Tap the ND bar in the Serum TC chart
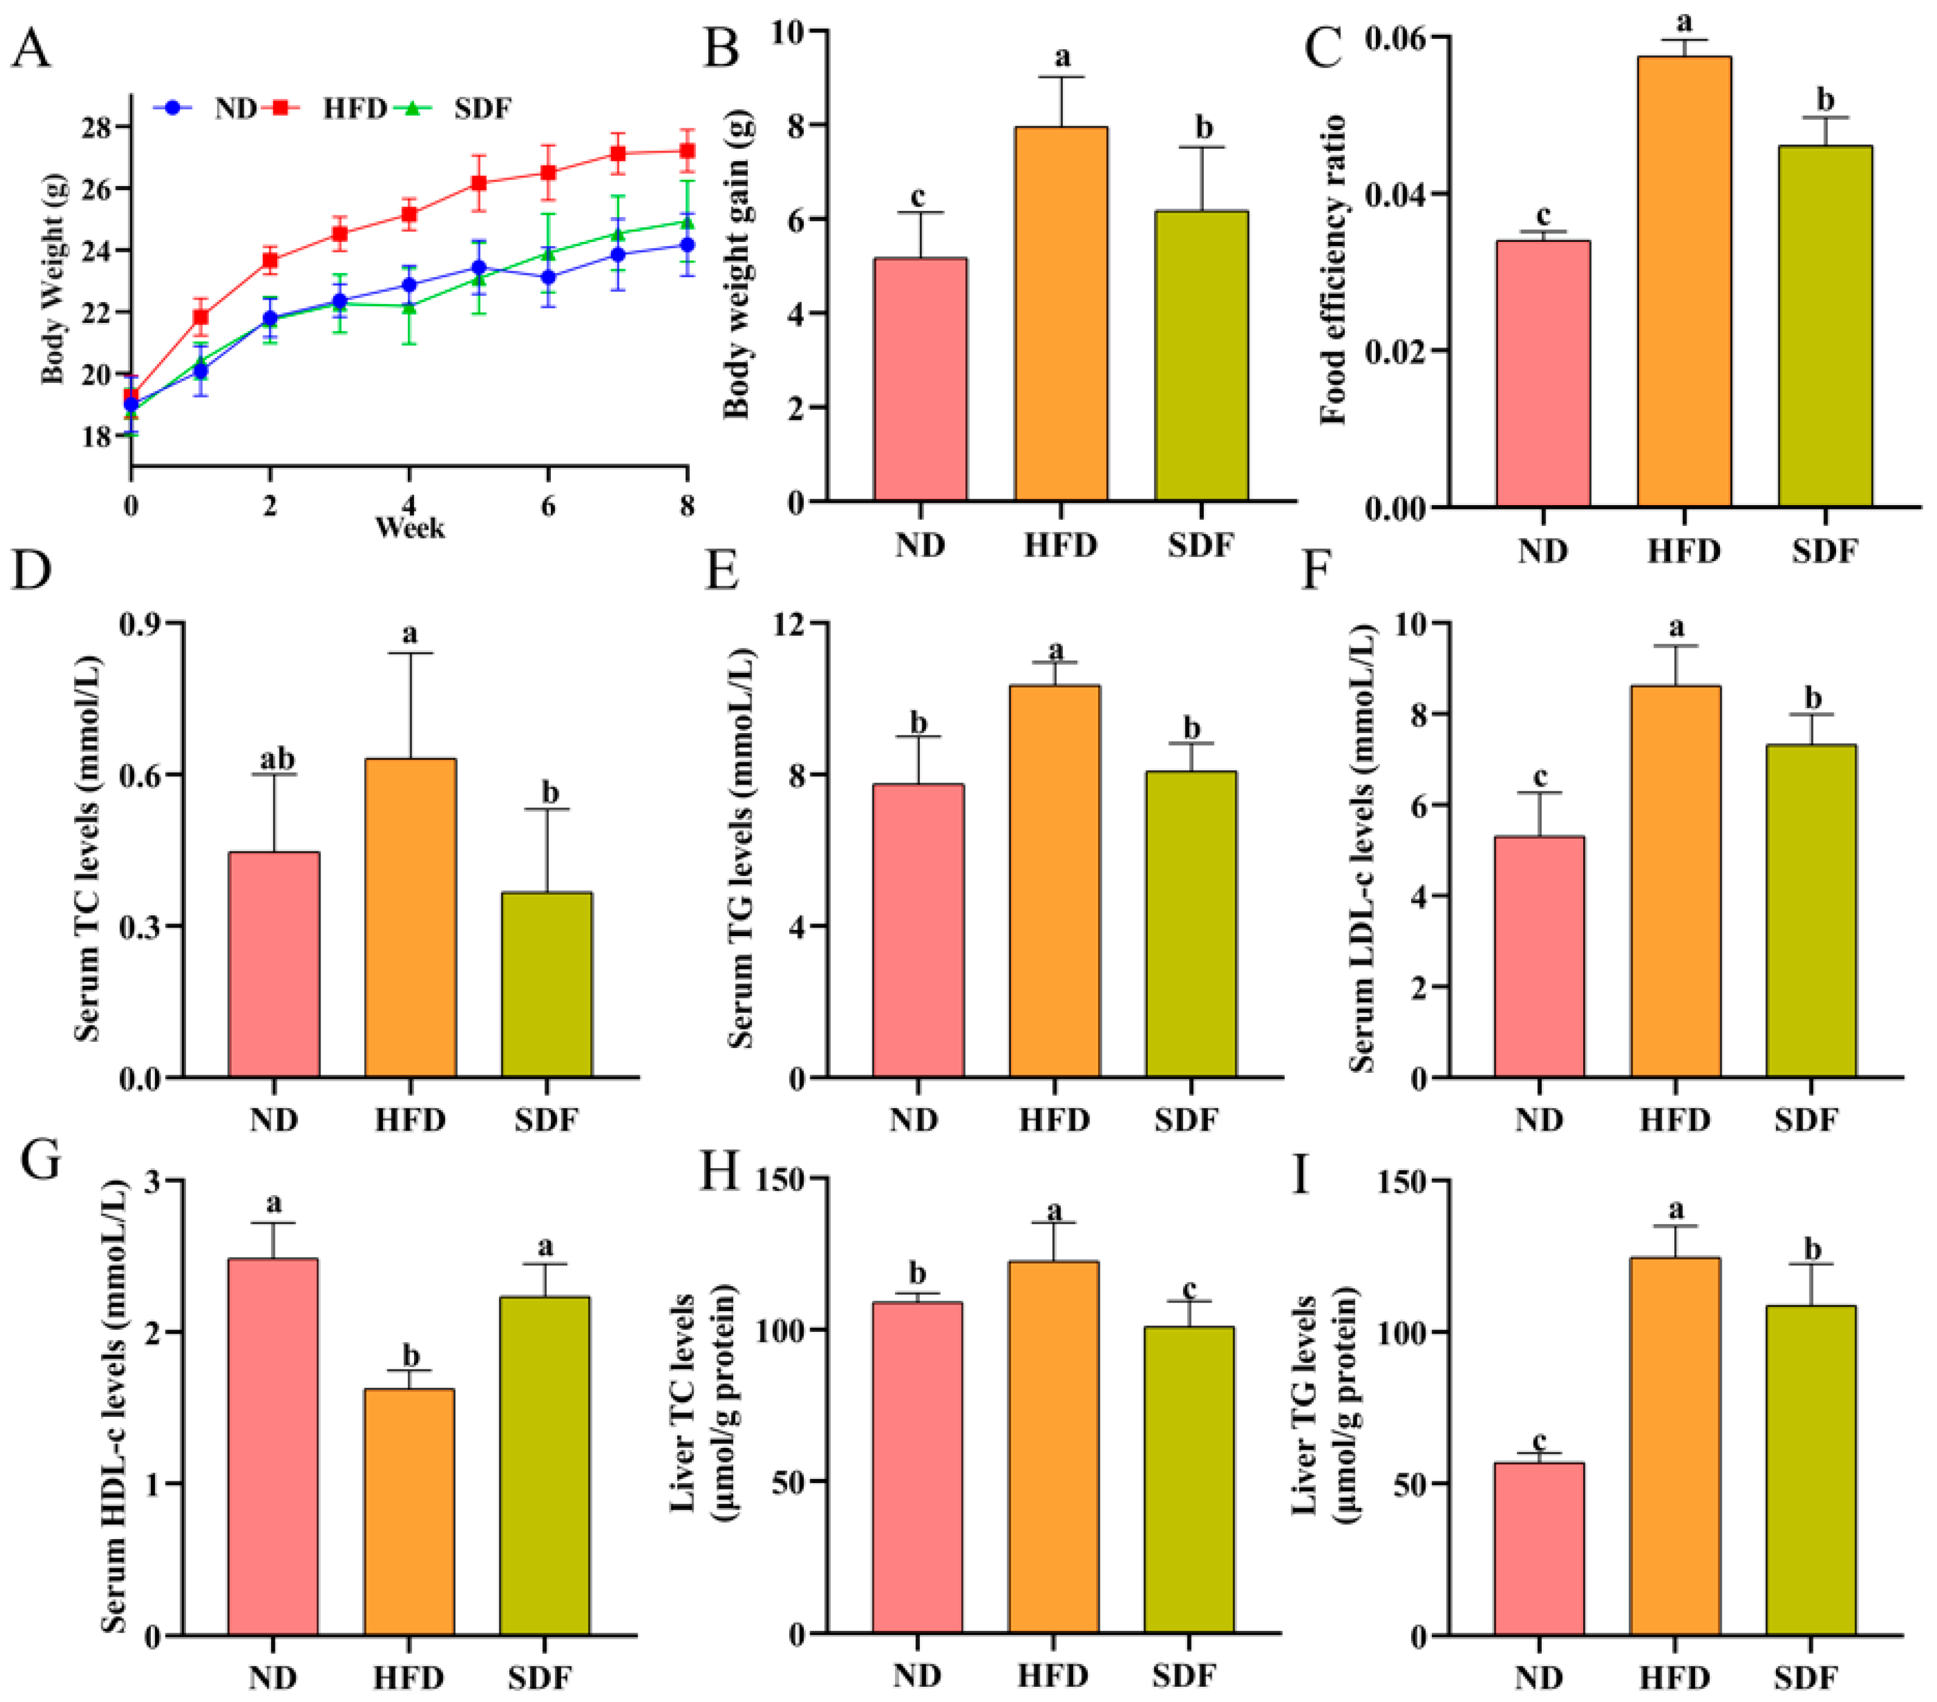(x=274, y=964)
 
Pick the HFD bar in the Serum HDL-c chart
(x=409, y=1512)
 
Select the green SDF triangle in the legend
(x=412, y=108)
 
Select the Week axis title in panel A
(x=409, y=528)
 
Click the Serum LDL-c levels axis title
(x=1362, y=847)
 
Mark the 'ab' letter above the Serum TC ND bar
(x=276, y=760)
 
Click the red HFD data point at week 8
(x=687, y=151)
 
